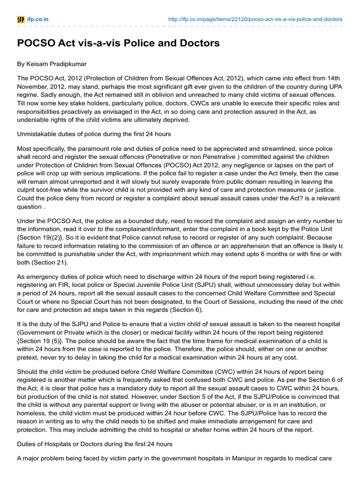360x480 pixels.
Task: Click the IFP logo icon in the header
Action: [21, 19]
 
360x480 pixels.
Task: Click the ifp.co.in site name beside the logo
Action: [38, 19]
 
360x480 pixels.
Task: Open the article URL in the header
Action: [255, 19]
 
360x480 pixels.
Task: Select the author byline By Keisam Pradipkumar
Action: [52, 64]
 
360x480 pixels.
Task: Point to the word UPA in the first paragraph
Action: [336, 87]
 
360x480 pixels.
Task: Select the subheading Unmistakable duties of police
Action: [94, 134]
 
